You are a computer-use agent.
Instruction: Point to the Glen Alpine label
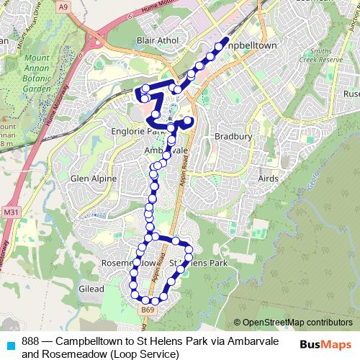pyautogui.click(x=93, y=179)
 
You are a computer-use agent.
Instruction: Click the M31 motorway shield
pyautogui.click(x=10, y=213)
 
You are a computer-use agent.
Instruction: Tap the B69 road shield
pyautogui.click(x=147, y=310)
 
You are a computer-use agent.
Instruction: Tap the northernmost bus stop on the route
pyautogui.click(x=225, y=42)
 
